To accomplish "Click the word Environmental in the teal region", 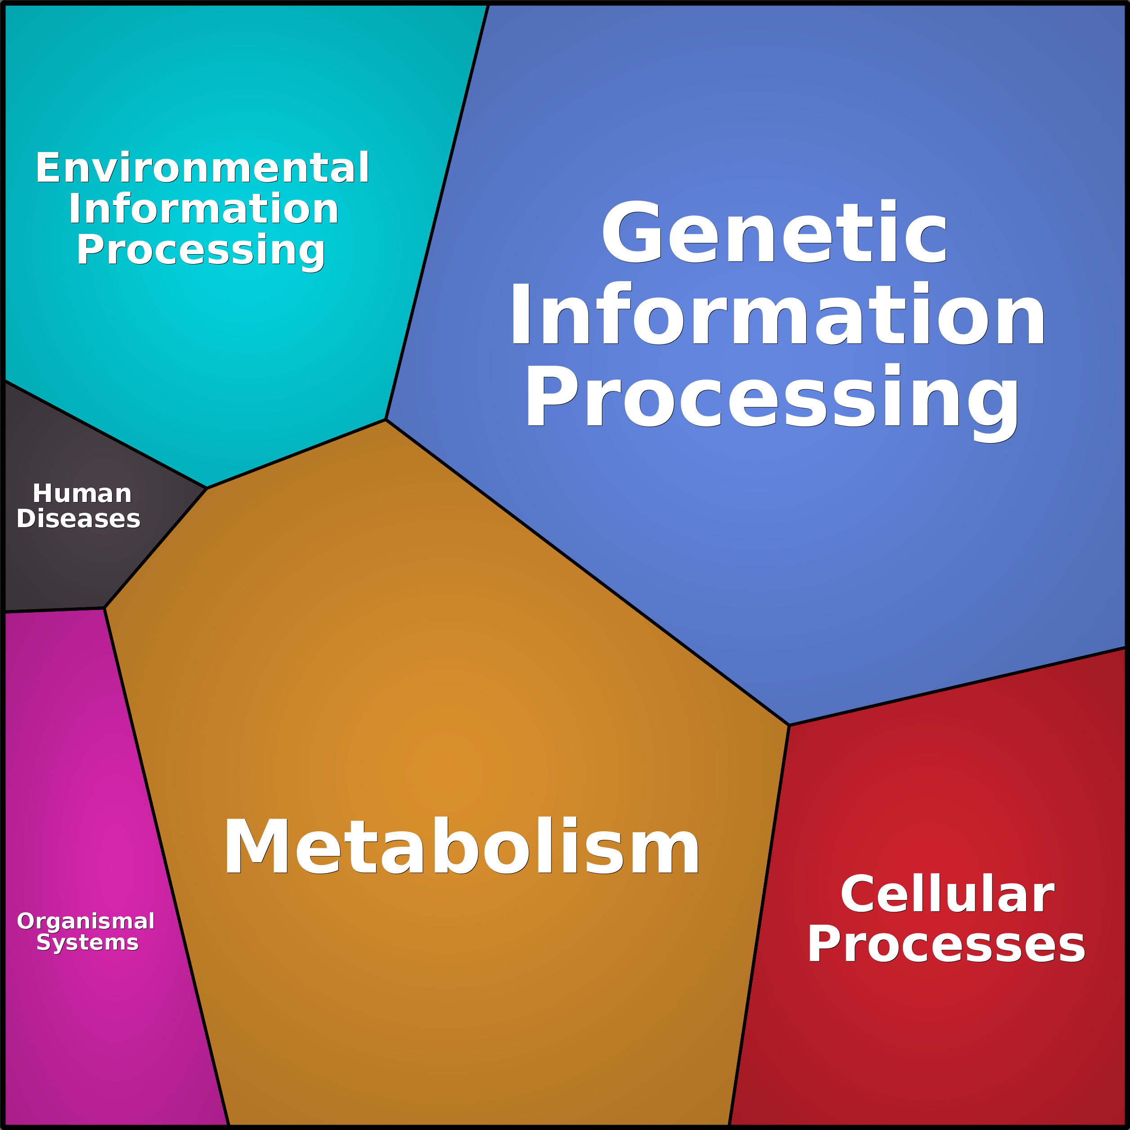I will click(202, 168).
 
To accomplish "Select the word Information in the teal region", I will click(203, 209).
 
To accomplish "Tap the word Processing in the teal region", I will click(201, 250).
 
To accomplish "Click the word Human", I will click(82, 493).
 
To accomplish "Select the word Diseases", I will click(78, 519).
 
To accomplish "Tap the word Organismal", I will click(85, 921).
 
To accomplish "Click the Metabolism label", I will click(461, 846).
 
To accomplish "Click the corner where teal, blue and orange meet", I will click(386, 419).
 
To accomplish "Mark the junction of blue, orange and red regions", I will click(789, 725).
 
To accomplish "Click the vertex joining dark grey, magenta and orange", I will click(104, 608).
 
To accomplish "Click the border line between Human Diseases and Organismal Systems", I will click(54, 610).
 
